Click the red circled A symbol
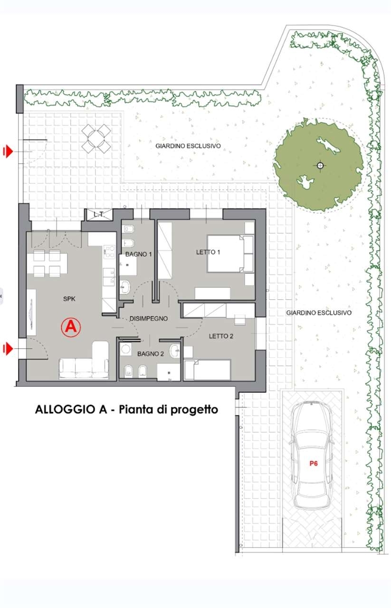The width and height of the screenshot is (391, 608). [71, 328]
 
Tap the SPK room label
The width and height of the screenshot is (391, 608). [69, 299]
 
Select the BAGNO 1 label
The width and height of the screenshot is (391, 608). [138, 254]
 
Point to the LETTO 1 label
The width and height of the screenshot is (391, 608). [208, 252]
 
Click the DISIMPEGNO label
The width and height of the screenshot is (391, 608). [149, 318]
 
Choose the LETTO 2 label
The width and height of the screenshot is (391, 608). [221, 336]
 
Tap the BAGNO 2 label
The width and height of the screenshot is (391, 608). [151, 354]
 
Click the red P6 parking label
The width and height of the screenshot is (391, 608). [314, 464]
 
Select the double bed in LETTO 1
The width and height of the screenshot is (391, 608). [230, 254]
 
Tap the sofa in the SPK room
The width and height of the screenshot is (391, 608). [84, 361]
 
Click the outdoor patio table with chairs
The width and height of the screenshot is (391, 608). [96, 138]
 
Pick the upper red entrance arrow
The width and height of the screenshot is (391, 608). [8, 151]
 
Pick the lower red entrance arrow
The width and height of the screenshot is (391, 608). [8, 349]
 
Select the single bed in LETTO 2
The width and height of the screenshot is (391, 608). [208, 370]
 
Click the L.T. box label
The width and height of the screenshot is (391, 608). [98, 214]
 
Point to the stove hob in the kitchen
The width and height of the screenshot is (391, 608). [109, 251]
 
